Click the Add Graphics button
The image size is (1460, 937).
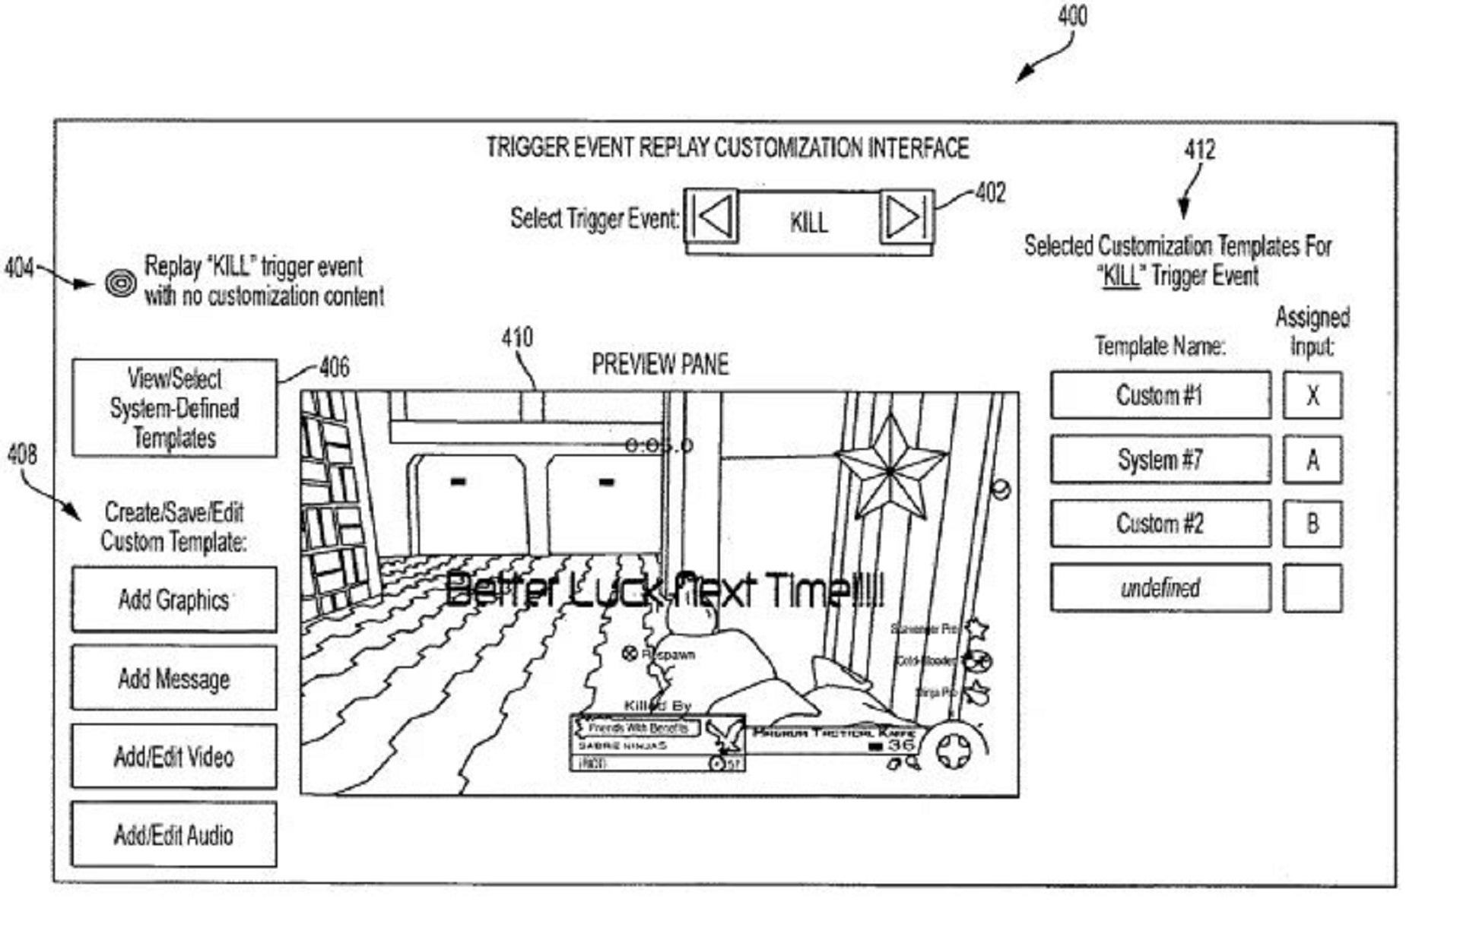pos(174,599)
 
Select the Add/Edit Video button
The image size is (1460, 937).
pos(174,756)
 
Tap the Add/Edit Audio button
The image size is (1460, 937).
pos(174,834)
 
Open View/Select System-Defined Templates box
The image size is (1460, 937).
pos(174,408)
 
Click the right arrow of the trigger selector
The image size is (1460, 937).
pos(905,217)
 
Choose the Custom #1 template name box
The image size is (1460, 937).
pos(1160,395)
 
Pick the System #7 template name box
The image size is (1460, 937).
pos(1160,459)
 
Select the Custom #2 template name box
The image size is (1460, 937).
pos(1160,523)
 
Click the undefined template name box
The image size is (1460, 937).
pos(1160,587)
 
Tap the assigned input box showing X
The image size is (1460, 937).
pos(1312,395)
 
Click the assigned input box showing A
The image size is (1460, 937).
pos(1312,459)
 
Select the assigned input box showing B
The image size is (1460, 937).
pos(1312,523)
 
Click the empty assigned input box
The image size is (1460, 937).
pos(1312,587)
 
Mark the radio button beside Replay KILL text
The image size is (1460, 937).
pos(120,283)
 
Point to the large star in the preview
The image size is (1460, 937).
pos(890,471)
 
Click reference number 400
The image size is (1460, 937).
pos(1072,16)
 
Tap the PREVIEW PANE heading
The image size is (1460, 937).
pos(660,365)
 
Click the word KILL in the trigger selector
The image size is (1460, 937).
pos(808,222)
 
